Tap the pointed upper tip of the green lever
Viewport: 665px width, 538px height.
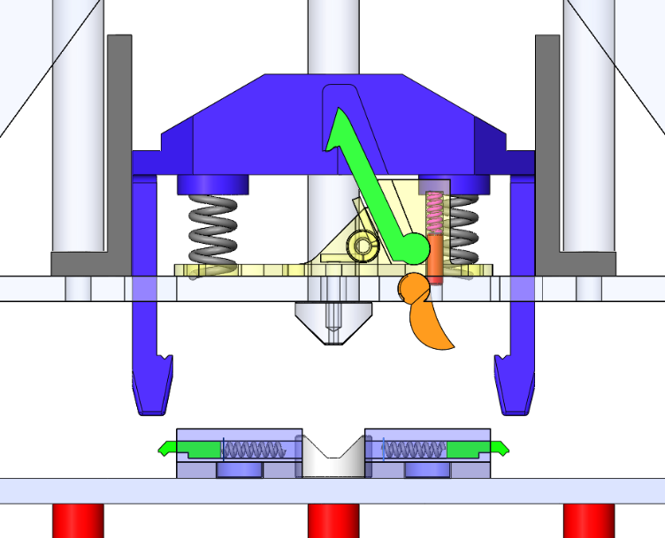tap(337, 118)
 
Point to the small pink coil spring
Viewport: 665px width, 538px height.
tap(434, 216)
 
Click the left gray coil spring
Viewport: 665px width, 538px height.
tap(214, 232)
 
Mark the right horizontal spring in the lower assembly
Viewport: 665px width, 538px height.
tap(413, 450)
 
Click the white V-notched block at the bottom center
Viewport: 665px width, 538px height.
tap(332, 457)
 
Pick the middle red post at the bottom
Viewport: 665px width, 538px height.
tap(332, 520)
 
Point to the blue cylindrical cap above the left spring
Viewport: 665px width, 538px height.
tap(212, 185)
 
